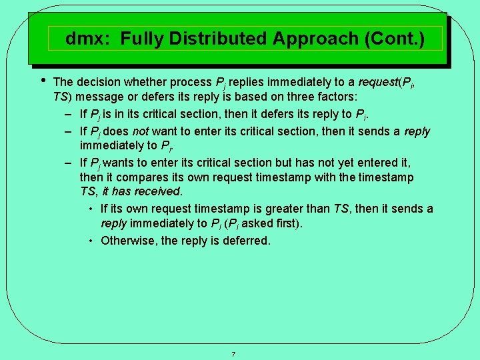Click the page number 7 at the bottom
(x=233, y=354)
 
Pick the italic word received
(x=157, y=191)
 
